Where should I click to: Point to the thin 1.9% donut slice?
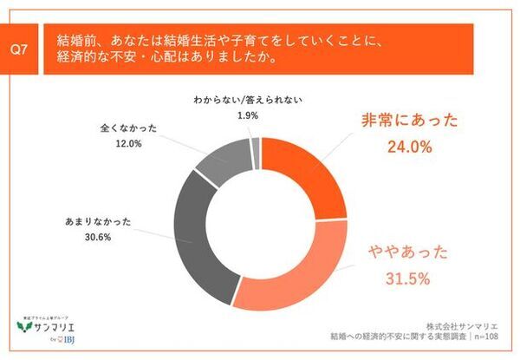tap(256, 148)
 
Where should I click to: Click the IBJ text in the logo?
tap(66, 341)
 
